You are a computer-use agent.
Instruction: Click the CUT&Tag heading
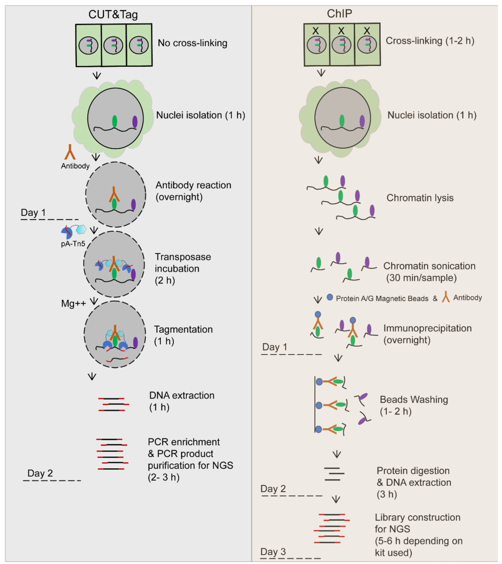click(113, 14)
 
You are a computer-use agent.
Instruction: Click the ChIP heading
click(339, 13)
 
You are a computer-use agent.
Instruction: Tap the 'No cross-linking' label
click(192, 43)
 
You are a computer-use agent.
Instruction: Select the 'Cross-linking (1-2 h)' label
click(430, 41)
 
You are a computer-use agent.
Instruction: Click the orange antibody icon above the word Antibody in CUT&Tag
click(70, 152)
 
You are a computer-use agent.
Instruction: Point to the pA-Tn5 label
click(73, 244)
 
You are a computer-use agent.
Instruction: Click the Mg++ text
click(73, 303)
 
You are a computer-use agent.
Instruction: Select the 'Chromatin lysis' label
click(420, 198)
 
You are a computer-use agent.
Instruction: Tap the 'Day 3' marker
click(273, 552)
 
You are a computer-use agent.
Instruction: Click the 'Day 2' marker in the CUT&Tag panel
click(40, 473)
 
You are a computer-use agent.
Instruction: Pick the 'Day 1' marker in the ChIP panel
click(275, 347)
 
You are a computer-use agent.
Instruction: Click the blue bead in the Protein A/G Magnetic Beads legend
click(330, 297)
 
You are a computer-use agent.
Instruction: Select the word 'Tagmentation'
click(183, 329)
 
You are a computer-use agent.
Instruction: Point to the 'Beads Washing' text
click(414, 400)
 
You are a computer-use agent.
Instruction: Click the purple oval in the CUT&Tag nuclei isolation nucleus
click(135, 122)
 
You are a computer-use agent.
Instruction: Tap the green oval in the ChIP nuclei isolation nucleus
click(342, 121)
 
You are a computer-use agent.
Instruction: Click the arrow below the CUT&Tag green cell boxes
click(97, 75)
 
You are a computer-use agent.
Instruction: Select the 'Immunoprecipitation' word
click(428, 328)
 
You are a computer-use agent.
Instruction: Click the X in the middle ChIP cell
click(341, 31)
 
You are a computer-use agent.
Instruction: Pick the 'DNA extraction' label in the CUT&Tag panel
click(182, 395)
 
